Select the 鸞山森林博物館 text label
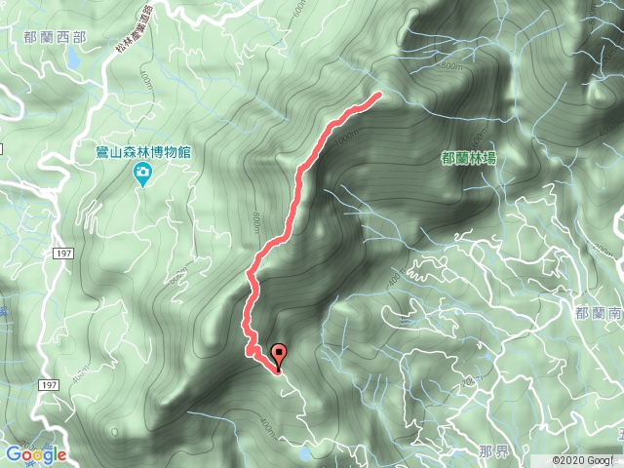[142, 152]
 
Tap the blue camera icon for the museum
[143, 175]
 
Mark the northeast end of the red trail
[377, 96]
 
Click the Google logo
[35, 454]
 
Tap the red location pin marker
[280, 357]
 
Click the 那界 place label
[493, 454]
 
